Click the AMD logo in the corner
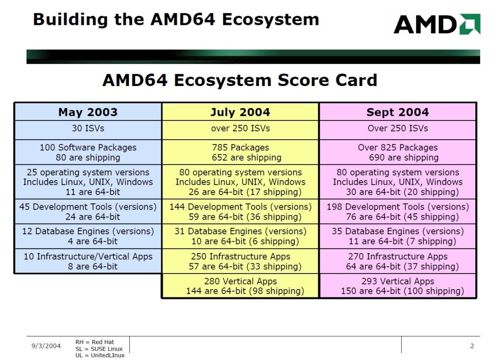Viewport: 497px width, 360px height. (x=437, y=24)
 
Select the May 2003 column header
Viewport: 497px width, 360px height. (x=88, y=112)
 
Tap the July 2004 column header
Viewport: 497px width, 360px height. (x=240, y=112)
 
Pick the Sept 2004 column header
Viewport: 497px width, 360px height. (x=398, y=112)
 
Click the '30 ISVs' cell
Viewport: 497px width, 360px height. (x=88, y=130)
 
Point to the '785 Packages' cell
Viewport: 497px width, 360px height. (x=240, y=152)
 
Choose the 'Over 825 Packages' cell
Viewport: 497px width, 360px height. (x=398, y=152)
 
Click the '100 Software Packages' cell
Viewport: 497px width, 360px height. (x=88, y=152)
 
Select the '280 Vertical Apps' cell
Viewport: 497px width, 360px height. (x=240, y=286)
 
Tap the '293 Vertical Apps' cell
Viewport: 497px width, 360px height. (x=398, y=286)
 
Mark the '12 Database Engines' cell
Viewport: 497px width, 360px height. (x=88, y=236)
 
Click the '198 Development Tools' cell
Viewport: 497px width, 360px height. (x=398, y=211)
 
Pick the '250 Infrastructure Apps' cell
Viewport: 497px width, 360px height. (x=240, y=261)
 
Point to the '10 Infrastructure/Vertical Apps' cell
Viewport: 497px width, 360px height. (x=88, y=261)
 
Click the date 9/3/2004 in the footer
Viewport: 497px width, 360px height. (x=46, y=346)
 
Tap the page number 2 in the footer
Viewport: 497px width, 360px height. (x=472, y=346)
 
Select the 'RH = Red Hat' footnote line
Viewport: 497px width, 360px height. (x=95, y=342)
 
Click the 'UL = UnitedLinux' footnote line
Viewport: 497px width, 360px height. (x=100, y=355)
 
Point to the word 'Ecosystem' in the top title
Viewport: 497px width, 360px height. (x=271, y=20)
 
